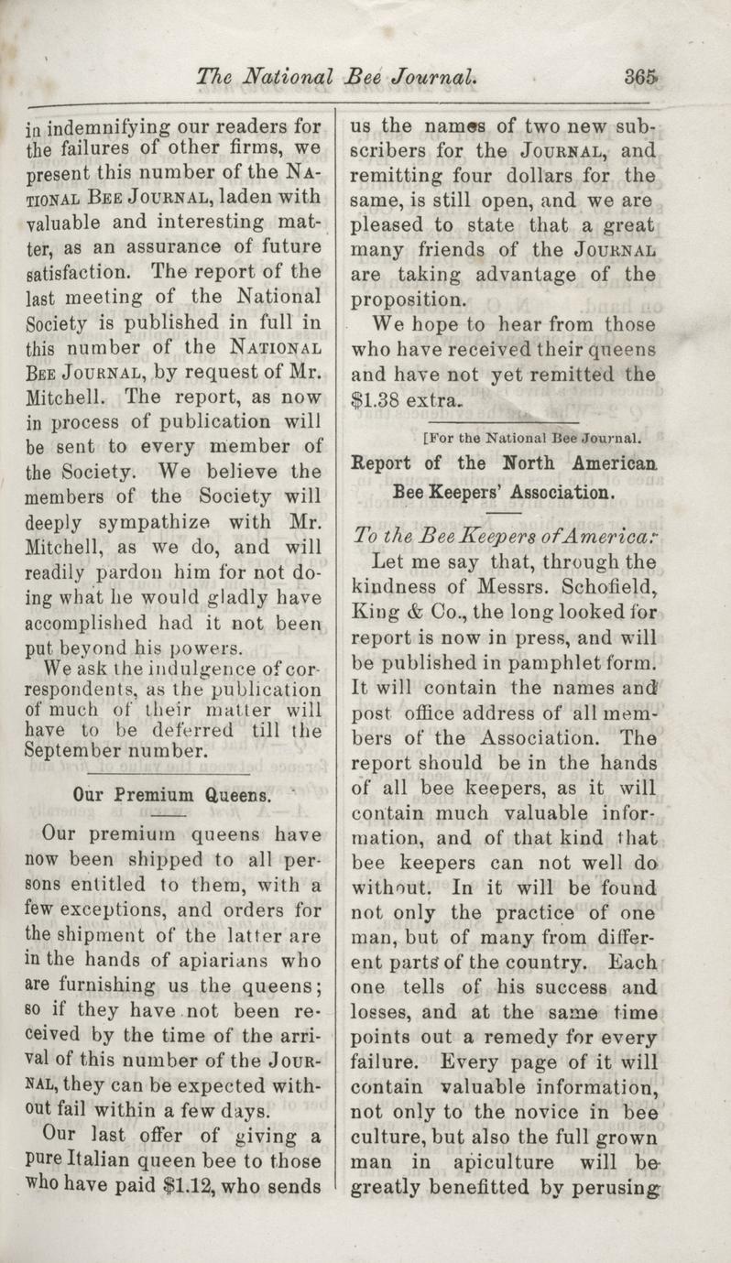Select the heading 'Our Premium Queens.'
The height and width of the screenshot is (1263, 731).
click(x=171, y=795)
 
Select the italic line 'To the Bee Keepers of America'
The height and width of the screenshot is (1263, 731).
click(x=502, y=538)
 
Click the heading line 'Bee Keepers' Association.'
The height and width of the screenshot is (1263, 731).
click(x=501, y=492)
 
